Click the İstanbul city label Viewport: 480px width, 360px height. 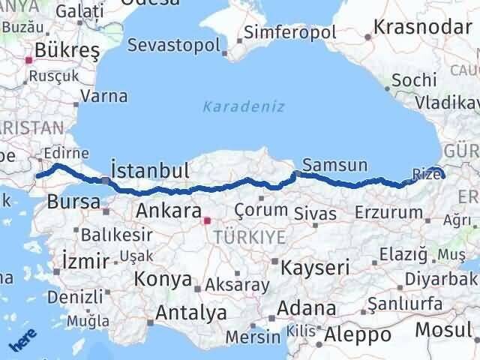[149, 170]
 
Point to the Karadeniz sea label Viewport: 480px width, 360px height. [243, 106]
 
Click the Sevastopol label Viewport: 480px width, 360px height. [173, 45]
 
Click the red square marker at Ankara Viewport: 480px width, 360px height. [208, 220]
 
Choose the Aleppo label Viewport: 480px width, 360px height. [357, 334]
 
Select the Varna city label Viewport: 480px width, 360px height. [103, 97]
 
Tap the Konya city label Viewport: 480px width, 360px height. [162, 280]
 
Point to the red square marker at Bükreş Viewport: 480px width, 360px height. [29, 60]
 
